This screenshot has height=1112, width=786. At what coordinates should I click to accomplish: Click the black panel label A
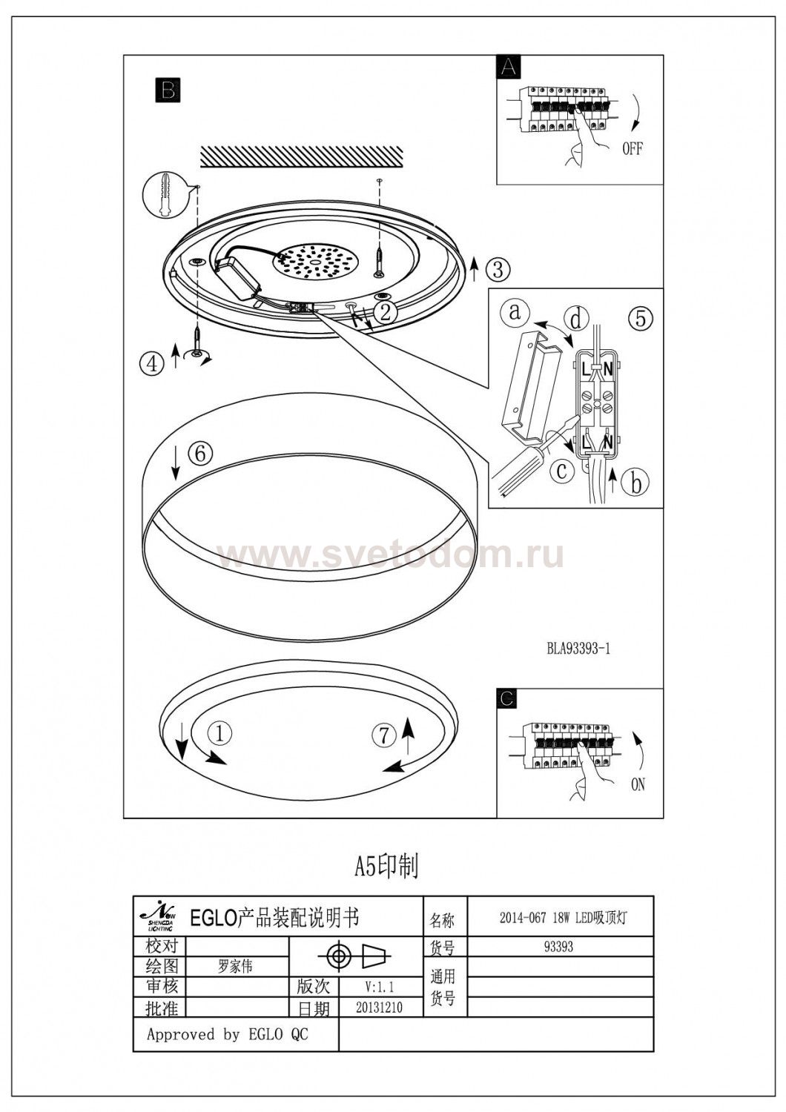(x=509, y=67)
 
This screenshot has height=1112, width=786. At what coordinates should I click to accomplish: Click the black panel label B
(x=168, y=90)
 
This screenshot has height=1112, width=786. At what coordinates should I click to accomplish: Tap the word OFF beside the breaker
(x=632, y=148)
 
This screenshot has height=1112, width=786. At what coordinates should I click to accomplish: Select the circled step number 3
(x=498, y=269)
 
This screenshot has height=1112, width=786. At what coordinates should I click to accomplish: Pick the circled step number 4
(x=152, y=363)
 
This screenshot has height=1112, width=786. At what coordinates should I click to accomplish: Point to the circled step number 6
(x=201, y=453)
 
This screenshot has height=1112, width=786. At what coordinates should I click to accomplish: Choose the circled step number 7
(x=384, y=735)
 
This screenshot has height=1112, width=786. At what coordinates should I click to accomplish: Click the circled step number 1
(x=220, y=732)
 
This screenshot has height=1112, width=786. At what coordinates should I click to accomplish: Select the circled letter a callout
(x=515, y=312)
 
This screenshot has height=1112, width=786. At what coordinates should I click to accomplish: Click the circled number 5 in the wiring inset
(x=641, y=318)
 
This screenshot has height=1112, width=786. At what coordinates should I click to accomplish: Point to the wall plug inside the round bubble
(x=165, y=194)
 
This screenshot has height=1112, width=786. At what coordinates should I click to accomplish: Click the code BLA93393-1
(x=578, y=649)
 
